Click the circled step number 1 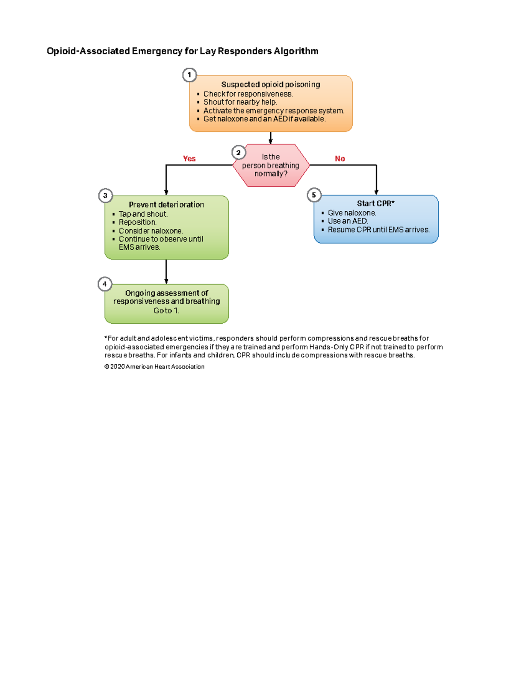pyautogui.click(x=189, y=75)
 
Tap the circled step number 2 pyautogui.click(x=238, y=153)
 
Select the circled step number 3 pyautogui.click(x=105, y=195)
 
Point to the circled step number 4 pyautogui.click(x=104, y=284)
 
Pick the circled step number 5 pyautogui.click(x=314, y=195)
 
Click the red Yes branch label pyautogui.click(x=189, y=159)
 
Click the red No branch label pyautogui.click(x=340, y=159)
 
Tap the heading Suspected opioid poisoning pyautogui.click(x=271, y=84)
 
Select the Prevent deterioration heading pyautogui.click(x=166, y=205)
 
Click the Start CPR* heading pyautogui.click(x=376, y=203)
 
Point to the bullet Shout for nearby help pyautogui.click(x=240, y=102)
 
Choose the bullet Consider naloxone pyautogui.click(x=151, y=231)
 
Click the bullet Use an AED pyautogui.click(x=348, y=221)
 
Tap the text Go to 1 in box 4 pyautogui.click(x=166, y=311)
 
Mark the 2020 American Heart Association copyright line pyautogui.click(x=154, y=367)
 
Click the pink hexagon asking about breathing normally pyautogui.click(x=271, y=165)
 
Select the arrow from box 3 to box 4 pyautogui.click(x=166, y=271)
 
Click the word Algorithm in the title pyautogui.click(x=296, y=51)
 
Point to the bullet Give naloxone pyautogui.click(x=352, y=213)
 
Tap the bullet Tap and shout pyautogui.click(x=143, y=214)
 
